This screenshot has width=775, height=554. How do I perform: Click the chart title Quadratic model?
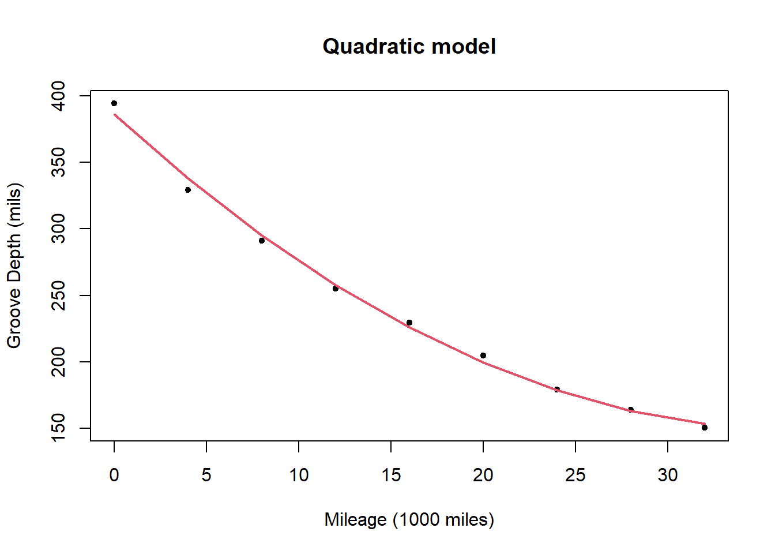[x=409, y=46]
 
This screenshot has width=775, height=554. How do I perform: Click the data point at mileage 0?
[x=114, y=103]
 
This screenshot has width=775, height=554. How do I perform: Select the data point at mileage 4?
[x=188, y=190]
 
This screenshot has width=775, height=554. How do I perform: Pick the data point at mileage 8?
[x=262, y=241]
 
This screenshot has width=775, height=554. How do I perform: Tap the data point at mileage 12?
[x=336, y=289]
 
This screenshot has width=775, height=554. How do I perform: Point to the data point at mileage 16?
[x=409, y=323]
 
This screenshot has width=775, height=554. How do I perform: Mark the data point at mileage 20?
[x=483, y=355]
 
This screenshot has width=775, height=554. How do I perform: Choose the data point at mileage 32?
[x=705, y=428]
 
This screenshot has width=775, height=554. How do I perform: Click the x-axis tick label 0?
[x=114, y=475]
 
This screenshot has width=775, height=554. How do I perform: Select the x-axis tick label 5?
[x=206, y=475]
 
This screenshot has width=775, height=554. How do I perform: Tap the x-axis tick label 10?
[x=299, y=475]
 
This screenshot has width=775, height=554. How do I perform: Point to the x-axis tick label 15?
[x=391, y=475]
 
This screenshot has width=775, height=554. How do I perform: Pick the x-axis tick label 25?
[x=575, y=475]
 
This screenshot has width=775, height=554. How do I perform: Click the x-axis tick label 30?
[x=668, y=475]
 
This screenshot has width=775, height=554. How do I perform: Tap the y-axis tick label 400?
[x=58, y=95]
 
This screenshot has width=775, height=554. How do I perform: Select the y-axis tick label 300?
[x=58, y=229]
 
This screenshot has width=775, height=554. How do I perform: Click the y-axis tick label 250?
[x=58, y=295]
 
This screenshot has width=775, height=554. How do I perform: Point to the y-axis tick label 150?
[x=58, y=428]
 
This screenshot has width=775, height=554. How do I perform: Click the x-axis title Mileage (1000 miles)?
[x=409, y=519]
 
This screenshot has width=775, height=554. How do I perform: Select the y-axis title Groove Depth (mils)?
[x=14, y=265]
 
